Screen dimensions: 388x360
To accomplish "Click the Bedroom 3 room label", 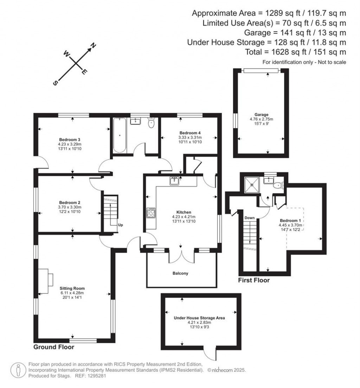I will (x=70, y=139).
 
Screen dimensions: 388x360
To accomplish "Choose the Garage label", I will (x=262, y=115).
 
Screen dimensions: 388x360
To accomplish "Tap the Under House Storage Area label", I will (x=199, y=318).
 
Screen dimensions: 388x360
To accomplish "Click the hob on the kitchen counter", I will (x=151, y=213).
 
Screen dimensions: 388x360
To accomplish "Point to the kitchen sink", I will (x=175, y=181).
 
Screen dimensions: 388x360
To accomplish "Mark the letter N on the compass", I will (x=94, y=45).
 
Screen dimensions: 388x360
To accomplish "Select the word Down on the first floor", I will (x=249, y=218).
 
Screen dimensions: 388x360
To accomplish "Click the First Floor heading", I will (x=253, y=280).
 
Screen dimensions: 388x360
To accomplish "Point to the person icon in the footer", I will (x=17, y=370).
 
